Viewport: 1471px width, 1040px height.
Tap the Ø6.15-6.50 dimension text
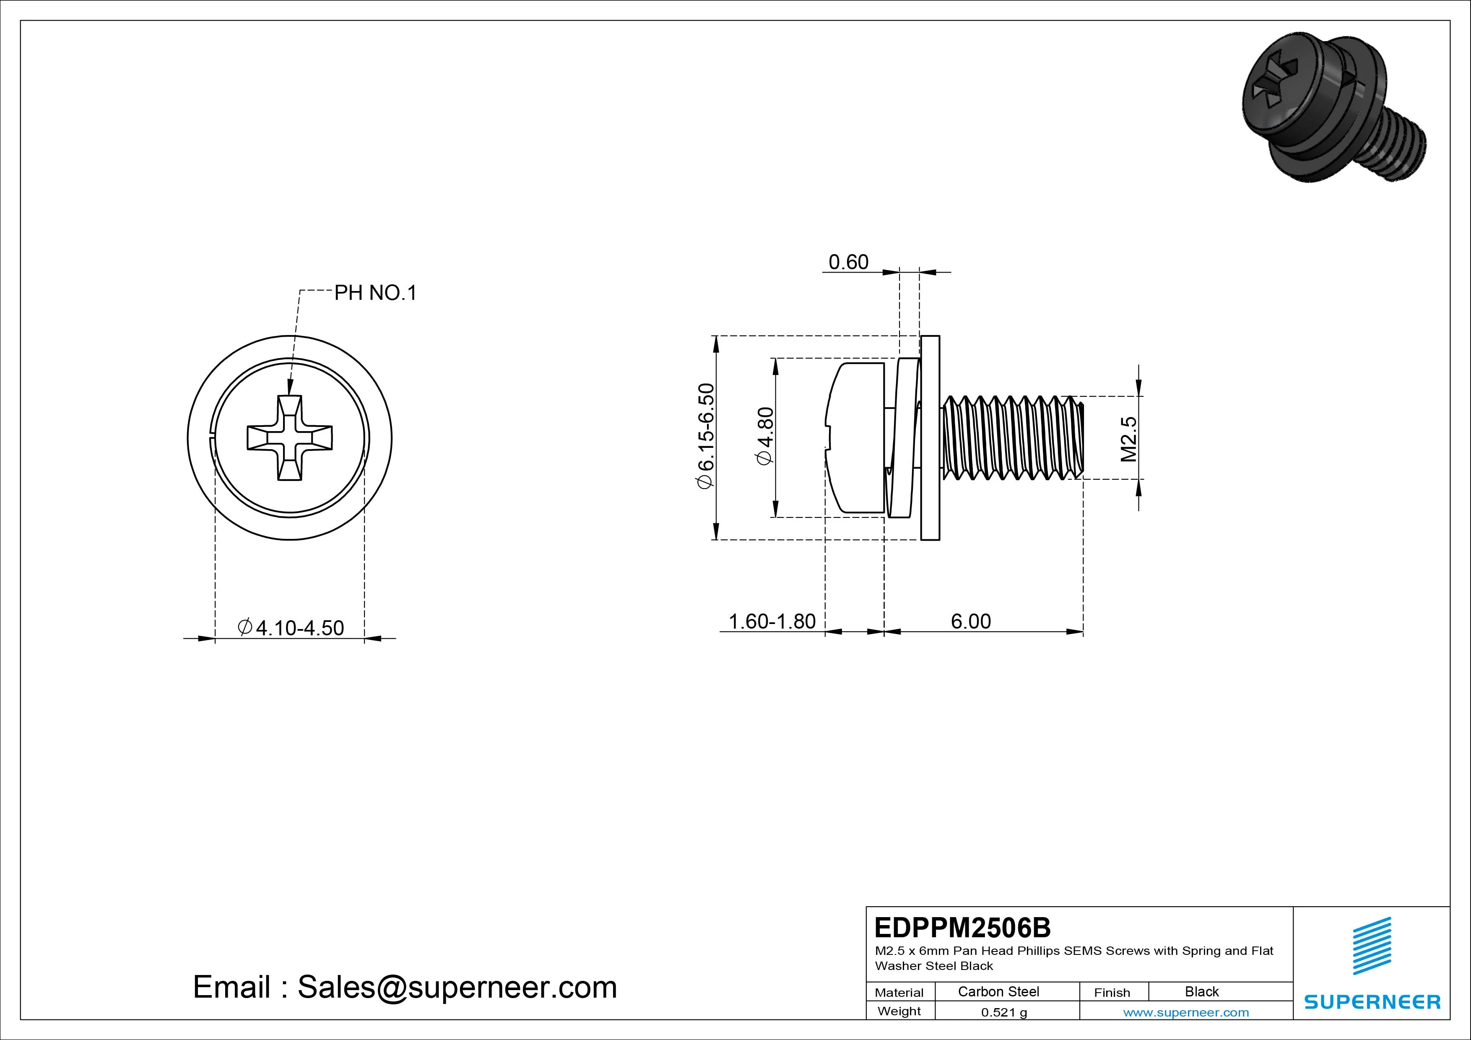point(705,437)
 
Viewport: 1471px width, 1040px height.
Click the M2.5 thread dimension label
point(1128,439)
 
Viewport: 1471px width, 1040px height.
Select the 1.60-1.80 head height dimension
point(772,621)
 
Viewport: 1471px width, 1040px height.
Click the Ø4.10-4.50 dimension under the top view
point(291,627)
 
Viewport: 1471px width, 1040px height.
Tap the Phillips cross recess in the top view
point(290,438)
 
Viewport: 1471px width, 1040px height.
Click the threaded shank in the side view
point(1012,438)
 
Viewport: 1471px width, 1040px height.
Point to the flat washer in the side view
point(930,438)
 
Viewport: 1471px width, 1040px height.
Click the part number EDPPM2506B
point(962,927)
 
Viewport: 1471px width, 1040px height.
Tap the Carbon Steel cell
point(998,991)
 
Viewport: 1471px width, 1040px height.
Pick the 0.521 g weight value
point(1004,1012)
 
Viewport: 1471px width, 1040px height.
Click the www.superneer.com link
point(1186,1012)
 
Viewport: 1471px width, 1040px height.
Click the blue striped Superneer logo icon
point(1372,946)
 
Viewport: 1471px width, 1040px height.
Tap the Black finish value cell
point(1201,991)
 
